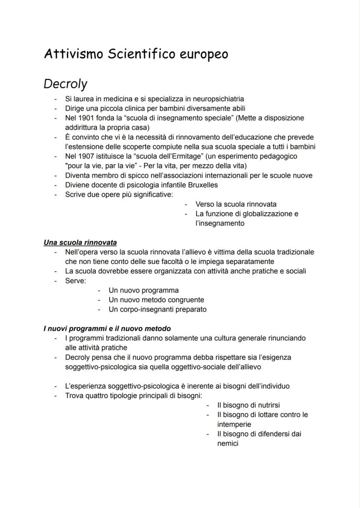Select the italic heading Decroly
[x=65, y=83]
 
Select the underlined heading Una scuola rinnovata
[x=80, y=242]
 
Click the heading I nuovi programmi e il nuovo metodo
[x=107, y=329]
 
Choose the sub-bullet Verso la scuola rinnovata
[x=236, y=204]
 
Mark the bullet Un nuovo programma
[x=143, y=290]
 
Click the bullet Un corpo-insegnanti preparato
[x=157, y=309]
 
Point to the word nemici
[x=228, y=443]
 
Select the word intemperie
[x=234, y=424]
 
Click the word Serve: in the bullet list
[x=76, y=281]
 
